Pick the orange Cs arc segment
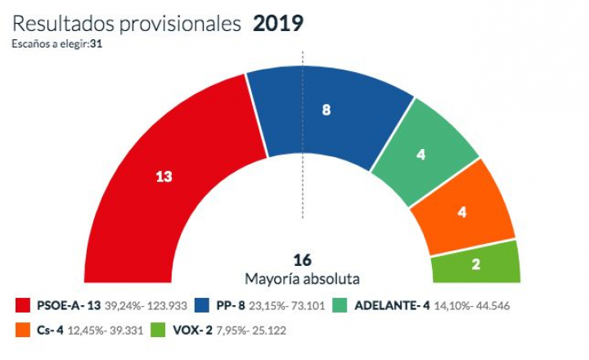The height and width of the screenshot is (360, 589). click(x=462, y=210)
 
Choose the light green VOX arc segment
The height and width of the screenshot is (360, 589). click(x=475, y=263)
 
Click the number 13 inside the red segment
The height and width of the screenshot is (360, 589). click(x=164, y=175)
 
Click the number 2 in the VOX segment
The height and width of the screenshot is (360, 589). click(x=475, y=263)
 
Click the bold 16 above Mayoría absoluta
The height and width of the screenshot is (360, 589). click(x=302, y=260)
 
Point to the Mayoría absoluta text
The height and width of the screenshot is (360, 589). click(x=303, y=278)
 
